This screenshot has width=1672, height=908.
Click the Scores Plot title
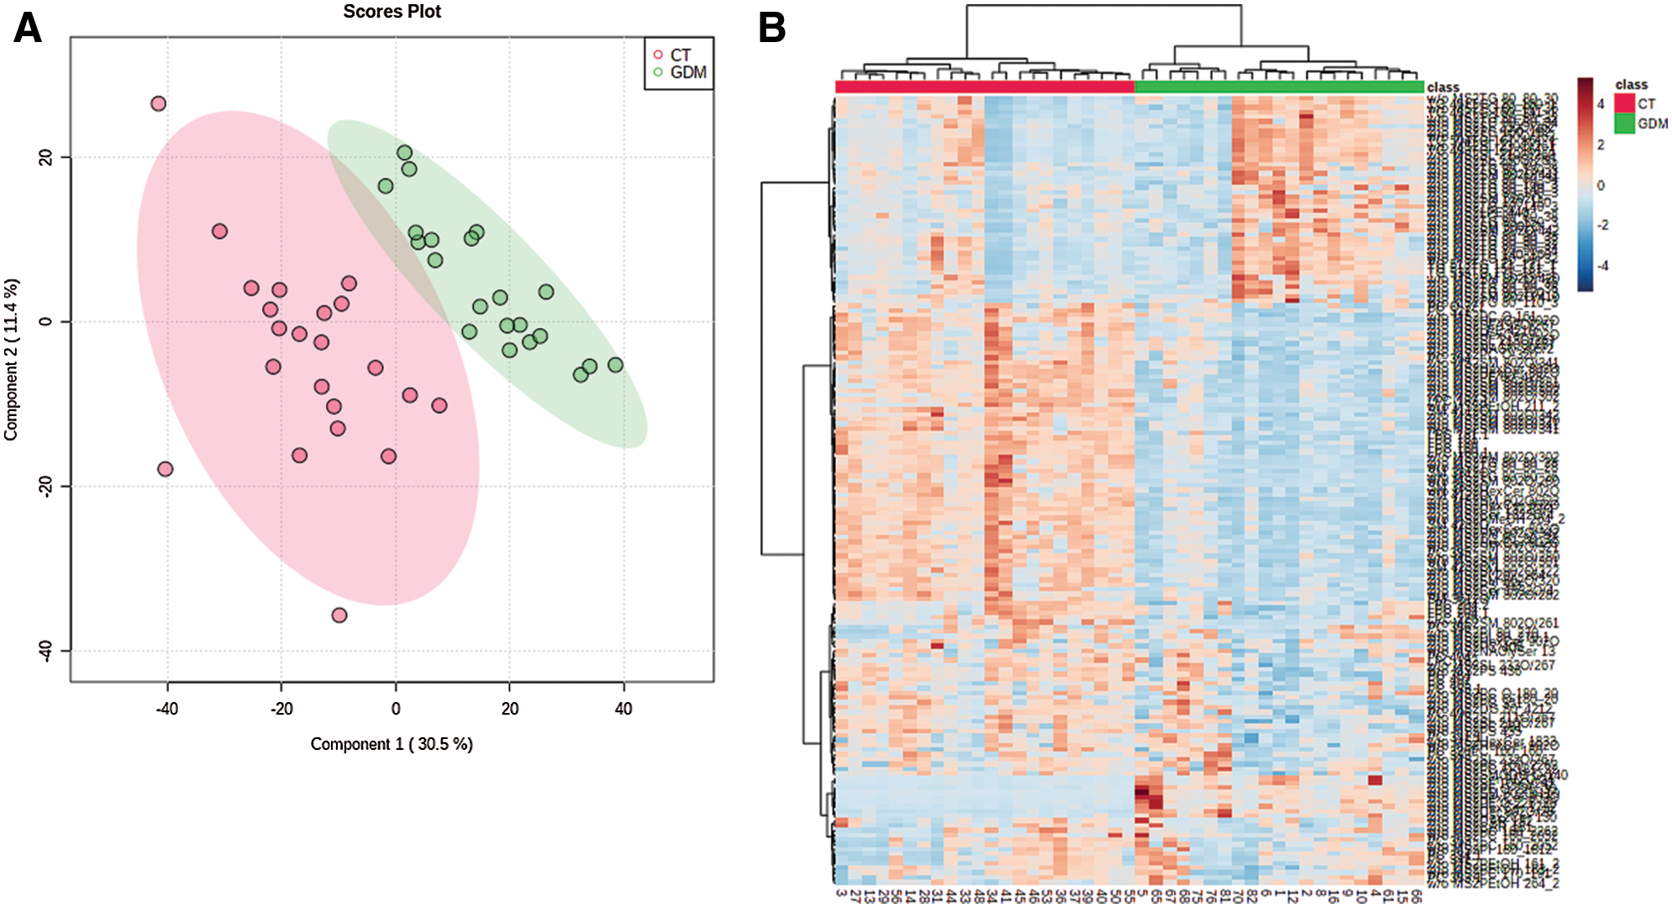coord(392,12)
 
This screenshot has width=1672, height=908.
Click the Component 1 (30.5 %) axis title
coord(392,744)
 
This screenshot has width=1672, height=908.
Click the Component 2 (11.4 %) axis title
coord(11,359)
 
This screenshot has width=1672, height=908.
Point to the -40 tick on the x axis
coord(167,709)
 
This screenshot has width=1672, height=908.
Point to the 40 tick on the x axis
coord(623,709)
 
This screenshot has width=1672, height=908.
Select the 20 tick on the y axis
coord(45,157)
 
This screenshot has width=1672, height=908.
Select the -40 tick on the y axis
coord(45,650)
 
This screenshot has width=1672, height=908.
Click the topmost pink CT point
coord(158,103)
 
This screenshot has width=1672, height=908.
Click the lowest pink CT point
coord(339,615)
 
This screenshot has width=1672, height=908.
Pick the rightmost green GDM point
coord(616,365)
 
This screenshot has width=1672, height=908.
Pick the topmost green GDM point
coord(405,152)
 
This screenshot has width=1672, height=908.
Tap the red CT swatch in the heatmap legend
coord(1624,103)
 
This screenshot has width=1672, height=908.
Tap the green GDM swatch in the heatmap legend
coord(1624,124)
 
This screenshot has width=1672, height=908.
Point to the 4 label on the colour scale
coord(1601,104)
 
